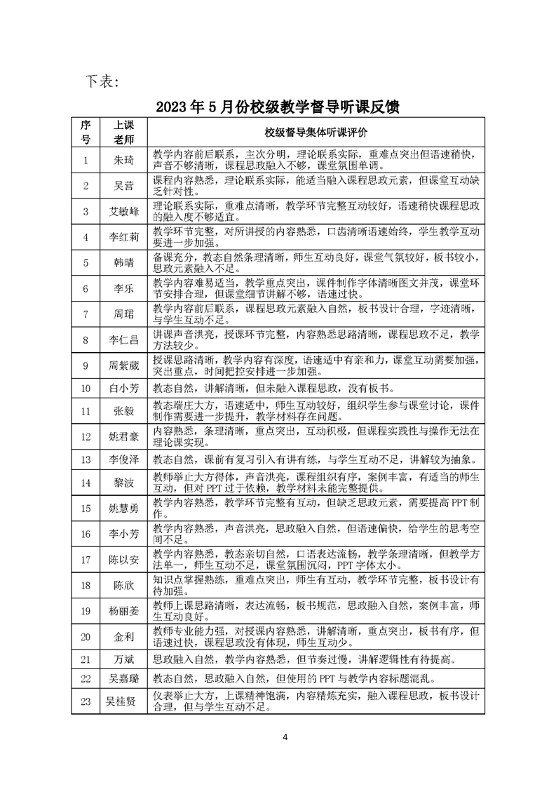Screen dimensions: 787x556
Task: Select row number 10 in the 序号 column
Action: click(86, 387)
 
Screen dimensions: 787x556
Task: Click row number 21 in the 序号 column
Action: click(86, 659)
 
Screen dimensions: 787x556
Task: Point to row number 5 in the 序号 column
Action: click(86, 262)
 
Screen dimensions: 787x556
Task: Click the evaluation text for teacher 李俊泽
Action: click(315, 459)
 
